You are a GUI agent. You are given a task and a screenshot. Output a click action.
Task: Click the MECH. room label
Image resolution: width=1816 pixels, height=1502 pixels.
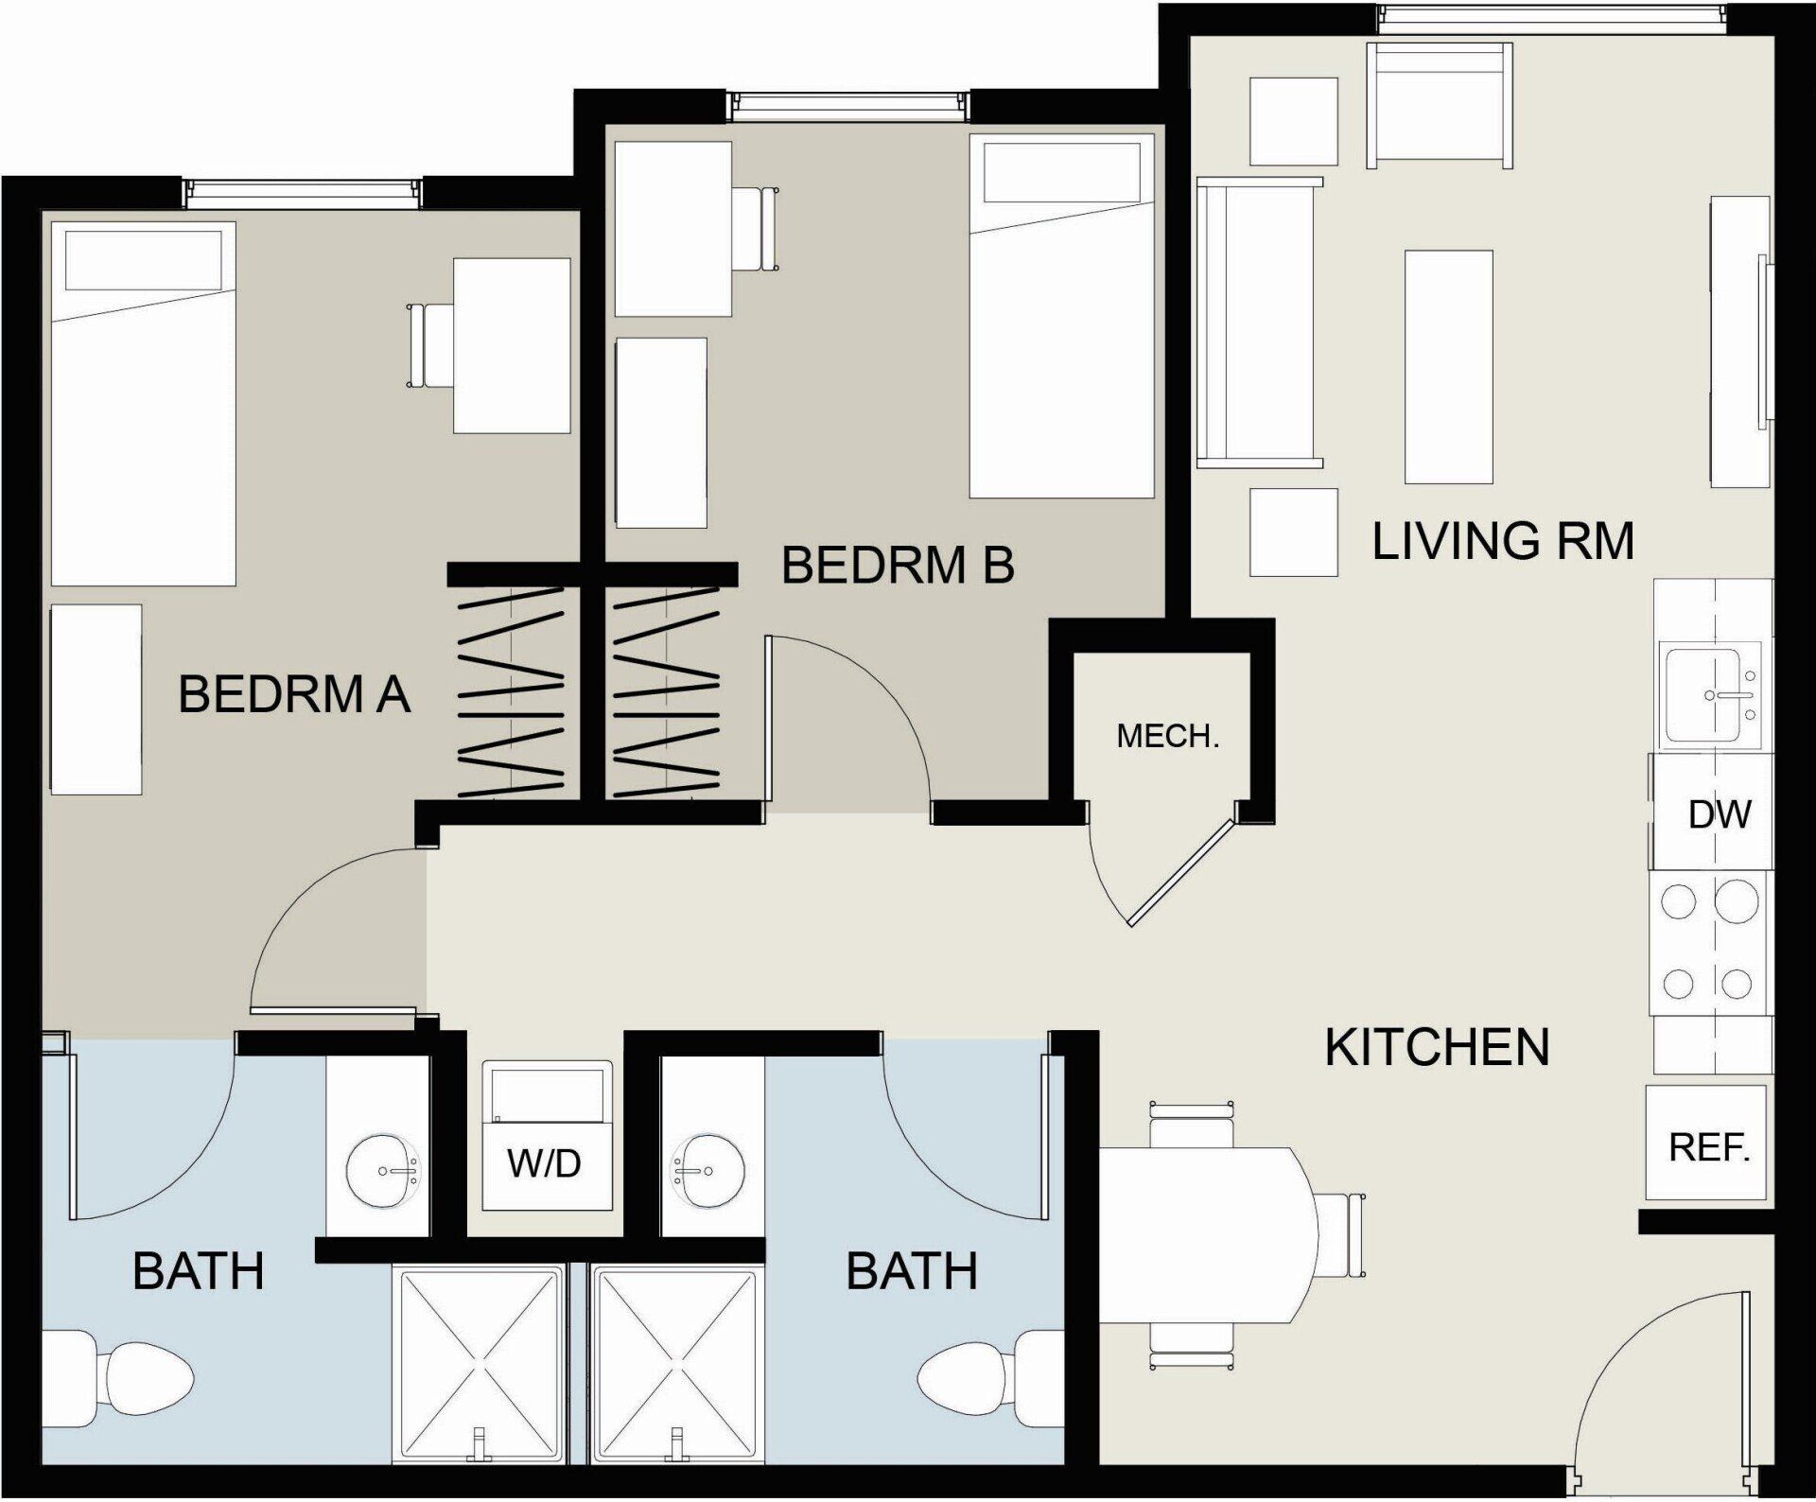pos(1167,737)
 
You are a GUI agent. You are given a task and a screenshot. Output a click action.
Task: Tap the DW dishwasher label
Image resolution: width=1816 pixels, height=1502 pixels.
pos(1719,814)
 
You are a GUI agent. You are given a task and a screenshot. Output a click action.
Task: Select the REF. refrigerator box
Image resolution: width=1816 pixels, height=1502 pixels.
pos(1707,1143)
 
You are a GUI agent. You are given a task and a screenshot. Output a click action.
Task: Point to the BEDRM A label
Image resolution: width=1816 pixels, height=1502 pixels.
pos(293,695)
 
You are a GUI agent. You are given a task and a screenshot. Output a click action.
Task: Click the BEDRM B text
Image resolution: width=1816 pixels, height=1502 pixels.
pos(897,566)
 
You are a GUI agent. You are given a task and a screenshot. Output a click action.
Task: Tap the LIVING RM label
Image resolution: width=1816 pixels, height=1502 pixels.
pos(1502,542)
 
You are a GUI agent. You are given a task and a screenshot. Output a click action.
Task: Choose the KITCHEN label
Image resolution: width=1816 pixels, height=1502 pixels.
pos(1436,1048)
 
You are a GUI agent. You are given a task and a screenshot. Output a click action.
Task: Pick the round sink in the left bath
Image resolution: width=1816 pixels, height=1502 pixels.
pos(381,1171)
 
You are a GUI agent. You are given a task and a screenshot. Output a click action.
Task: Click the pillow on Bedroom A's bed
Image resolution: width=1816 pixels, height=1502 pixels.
pos(143,260)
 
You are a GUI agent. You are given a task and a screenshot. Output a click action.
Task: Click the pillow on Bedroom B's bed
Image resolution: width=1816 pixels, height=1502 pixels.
pos(1061,171)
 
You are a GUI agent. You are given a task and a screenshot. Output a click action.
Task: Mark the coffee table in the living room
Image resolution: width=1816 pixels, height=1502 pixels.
pos(1448,366)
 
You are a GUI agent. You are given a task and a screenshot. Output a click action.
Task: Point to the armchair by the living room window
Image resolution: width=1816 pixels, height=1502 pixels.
pos(1438,104)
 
